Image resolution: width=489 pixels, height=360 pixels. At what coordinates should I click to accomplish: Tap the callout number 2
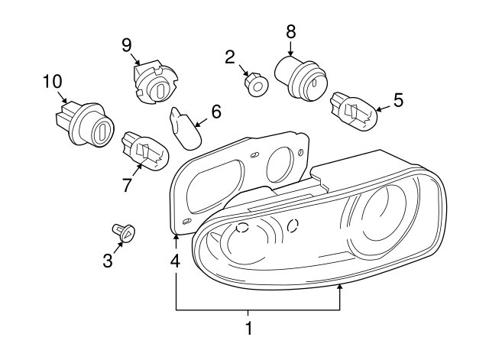coord(229,56)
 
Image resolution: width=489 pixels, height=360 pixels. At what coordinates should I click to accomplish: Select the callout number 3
coord(107,261)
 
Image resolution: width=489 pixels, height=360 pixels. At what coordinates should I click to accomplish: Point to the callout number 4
coord(175,260)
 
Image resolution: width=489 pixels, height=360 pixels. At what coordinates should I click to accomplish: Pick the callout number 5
coord(397,99)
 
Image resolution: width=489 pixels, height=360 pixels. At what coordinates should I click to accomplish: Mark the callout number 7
coord(127,184)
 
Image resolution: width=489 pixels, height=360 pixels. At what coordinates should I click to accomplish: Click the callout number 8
coord(290,32)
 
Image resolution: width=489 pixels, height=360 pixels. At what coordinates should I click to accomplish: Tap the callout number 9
coord(127,44)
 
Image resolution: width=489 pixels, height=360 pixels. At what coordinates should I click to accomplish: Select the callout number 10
coord(50,80)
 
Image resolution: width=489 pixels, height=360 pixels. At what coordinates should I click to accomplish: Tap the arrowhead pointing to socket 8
coord(290,53)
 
